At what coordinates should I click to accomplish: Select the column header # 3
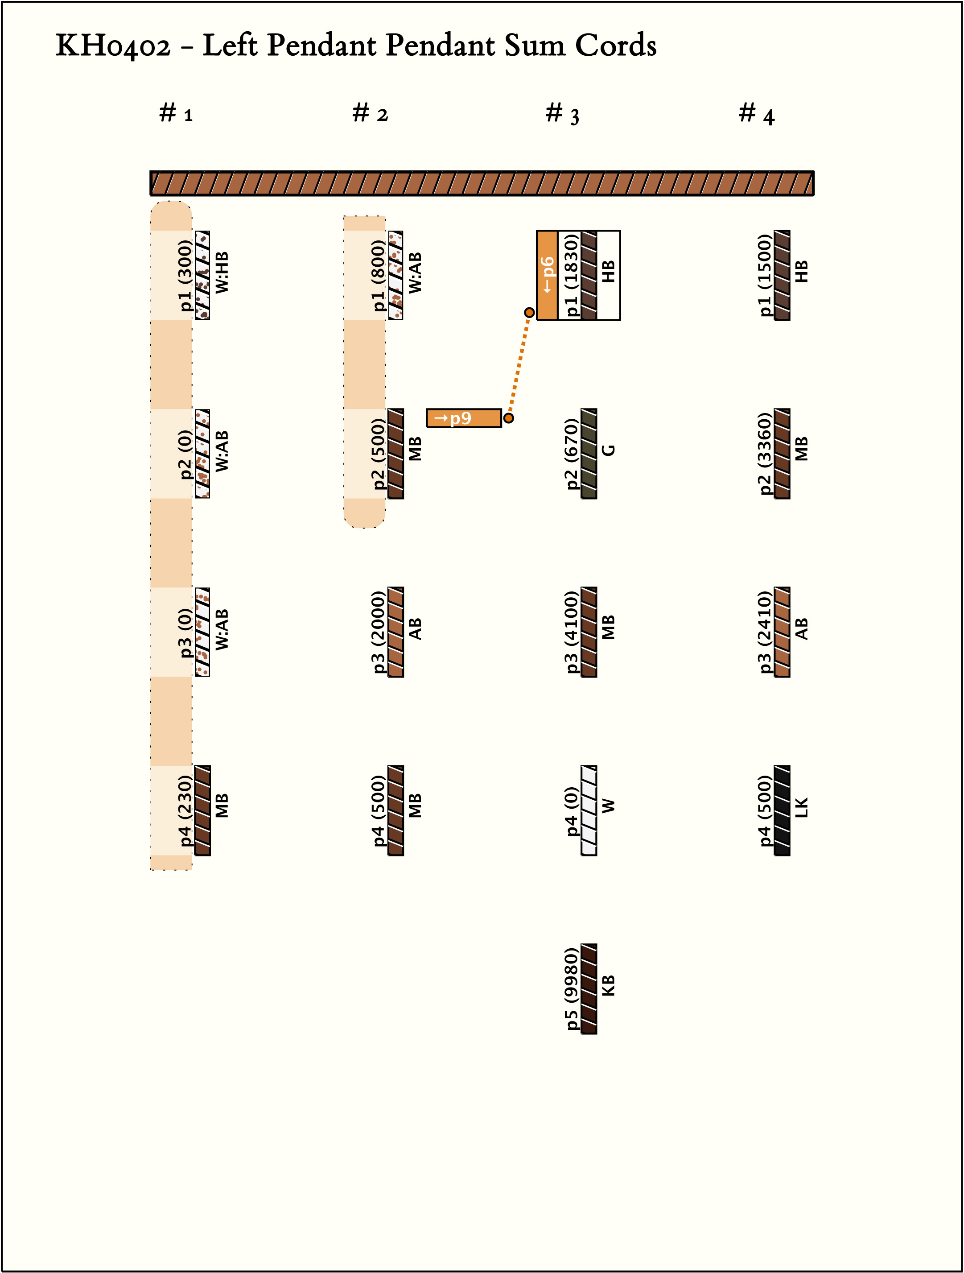tap(562, 113)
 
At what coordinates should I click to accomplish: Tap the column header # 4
tap(756, 113)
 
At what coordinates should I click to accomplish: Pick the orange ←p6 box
tap(547, 275)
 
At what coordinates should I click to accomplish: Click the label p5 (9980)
tap(572, 989)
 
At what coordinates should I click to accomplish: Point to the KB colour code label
tap(609, 985)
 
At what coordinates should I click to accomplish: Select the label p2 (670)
tap(572, 454)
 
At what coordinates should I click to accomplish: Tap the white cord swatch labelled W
tap(589, 810)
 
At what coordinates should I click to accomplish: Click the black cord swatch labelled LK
tap(782, 810)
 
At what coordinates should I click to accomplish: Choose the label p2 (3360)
tap(765, 454)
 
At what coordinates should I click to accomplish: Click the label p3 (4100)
tap(572, 632)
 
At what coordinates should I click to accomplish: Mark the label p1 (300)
tap(185, 275)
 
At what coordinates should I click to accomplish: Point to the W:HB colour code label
tap(222, 272)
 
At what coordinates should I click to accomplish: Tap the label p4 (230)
tap(185, 810)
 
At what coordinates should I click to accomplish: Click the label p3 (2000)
tap(379, 632)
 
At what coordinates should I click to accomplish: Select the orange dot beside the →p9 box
tap(508, 418)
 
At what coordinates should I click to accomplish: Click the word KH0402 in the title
tap(113, 46)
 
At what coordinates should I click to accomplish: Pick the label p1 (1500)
tap(765, 275)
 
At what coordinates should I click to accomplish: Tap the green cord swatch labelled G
tap(589, 454)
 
